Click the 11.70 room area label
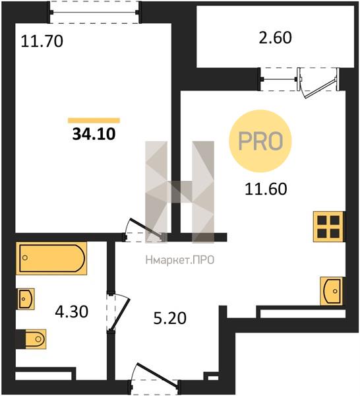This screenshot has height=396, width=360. [x=42, y=42]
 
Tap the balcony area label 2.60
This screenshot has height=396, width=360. [x=275, y=38]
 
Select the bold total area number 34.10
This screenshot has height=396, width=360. [x=94, y=134]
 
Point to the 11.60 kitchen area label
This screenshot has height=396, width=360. [x=266, y=189]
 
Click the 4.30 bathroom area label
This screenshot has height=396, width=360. [x=72, y=312]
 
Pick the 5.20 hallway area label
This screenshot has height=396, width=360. [x=170, y=318]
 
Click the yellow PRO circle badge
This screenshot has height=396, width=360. [x=260, y=141]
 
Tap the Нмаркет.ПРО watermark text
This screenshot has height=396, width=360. [x=180, y=260]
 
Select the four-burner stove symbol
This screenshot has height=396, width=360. [x=328, y=226]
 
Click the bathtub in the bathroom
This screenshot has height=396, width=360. [x=51, y=258]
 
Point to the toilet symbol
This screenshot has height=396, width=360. [x=36, y=339]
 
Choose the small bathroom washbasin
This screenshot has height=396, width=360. [x=26, y=299]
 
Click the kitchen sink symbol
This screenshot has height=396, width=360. [x=332, y=291]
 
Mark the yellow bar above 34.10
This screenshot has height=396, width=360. [x=94, y=121]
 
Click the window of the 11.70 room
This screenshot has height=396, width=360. [x=94, y=12]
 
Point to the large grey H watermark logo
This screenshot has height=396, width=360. [x=180, y=192]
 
